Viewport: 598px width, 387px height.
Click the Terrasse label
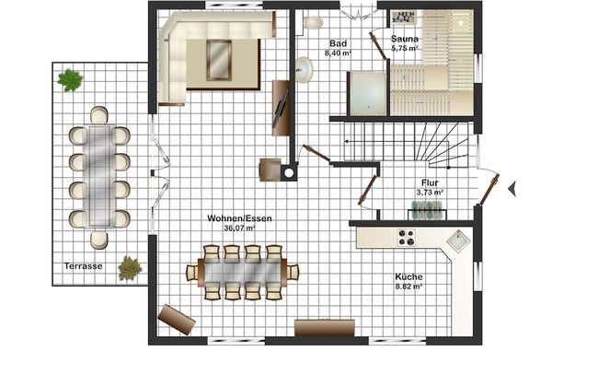[x=83, y=266]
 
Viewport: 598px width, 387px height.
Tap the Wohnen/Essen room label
[x=239, y=218]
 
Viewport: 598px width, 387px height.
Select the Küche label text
[x=408, y=276]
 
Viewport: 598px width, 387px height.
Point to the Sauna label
[x=405, y=39]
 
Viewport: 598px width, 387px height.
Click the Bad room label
[x=338, y=43]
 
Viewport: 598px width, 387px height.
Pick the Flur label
[x=430, y=182]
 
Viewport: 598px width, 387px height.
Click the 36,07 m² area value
[x=239, y=229]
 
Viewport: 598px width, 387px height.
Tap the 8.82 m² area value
[x=408, y=287]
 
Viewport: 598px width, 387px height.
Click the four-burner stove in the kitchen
[x=406, y=237]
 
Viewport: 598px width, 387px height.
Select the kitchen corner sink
[x=458, y=241]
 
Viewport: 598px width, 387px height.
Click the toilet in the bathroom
[x=313, y=22]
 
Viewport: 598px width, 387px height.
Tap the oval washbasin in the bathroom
[x=304, y=70]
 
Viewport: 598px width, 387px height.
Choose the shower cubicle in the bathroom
[x=368, y=94]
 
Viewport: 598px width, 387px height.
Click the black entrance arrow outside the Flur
[x=512, y=188]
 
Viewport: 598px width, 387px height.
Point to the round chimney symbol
[x=289, y=173]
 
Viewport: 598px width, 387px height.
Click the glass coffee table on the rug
[x=219, y=60]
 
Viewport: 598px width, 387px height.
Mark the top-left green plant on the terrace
[x=70, y=80]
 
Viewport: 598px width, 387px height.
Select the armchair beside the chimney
[x=270, y=170]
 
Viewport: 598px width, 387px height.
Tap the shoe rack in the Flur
[x=426, y=210]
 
